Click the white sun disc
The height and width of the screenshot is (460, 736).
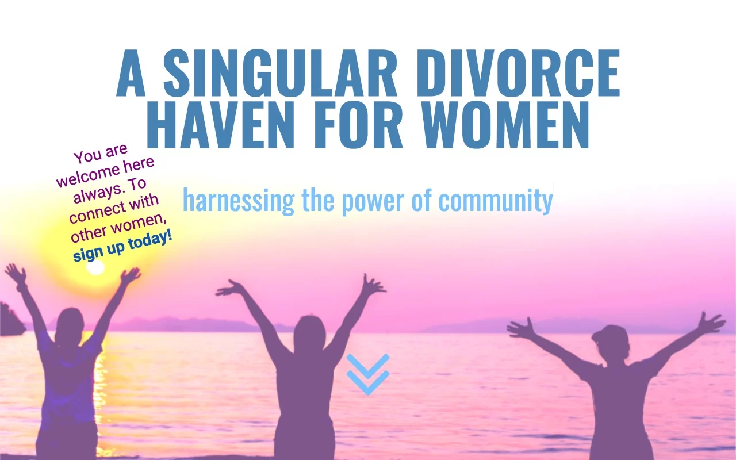click(95, 267)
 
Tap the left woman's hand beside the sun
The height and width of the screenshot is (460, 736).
click(131, 275)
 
